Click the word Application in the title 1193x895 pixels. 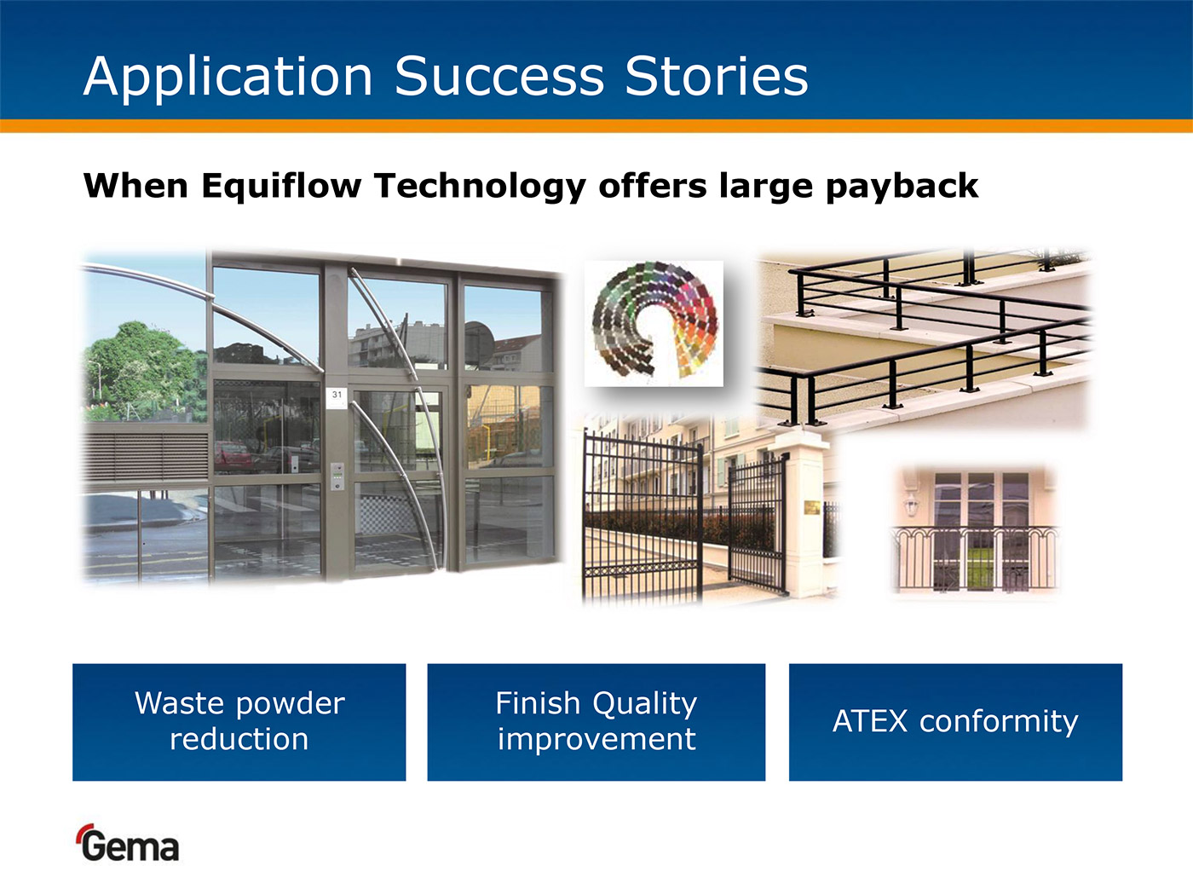(228, 78)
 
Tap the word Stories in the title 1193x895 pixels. (717, 76)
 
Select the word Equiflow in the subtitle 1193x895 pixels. (281, 187)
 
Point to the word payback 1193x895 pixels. (902, 187)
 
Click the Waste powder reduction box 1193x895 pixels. (239, 722)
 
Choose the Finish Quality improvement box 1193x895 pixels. (596, 722)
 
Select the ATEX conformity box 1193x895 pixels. (955, 722)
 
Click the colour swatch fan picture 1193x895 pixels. (654, 323)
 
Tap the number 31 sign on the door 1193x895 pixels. (337, 396)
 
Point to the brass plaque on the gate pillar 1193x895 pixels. (813, 507)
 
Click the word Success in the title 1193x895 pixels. (499, 76)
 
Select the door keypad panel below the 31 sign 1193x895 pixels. (337, 476)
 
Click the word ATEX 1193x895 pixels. (870, 721)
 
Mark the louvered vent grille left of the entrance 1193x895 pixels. (146, 457)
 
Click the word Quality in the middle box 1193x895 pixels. (644, 704)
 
